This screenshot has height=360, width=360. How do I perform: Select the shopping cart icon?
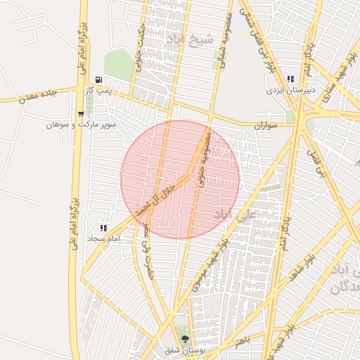point(82,114)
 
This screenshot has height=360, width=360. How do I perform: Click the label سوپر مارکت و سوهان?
point(81,124)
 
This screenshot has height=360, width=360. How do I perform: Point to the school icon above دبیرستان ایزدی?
point(290,79)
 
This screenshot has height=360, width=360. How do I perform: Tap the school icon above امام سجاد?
point(103,228)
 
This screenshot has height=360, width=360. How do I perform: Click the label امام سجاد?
point(103,239)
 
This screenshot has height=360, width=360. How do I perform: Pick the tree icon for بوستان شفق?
point(185,340)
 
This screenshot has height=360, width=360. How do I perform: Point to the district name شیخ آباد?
point(186,40)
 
